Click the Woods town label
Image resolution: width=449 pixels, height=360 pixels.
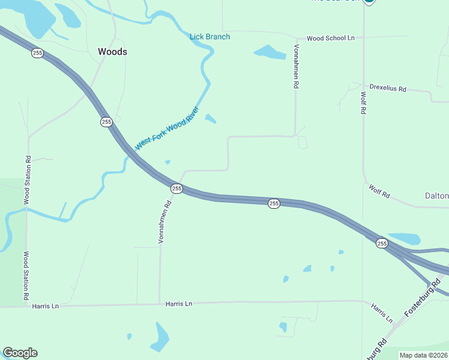tap(112, 52)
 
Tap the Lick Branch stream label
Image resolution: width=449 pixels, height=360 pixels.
tap(209, 37)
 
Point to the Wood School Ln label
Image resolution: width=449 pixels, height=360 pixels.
tap(331, 38)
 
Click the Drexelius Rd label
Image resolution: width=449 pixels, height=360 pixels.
tap(388, 89)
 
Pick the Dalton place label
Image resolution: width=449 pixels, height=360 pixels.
tap(436, 196)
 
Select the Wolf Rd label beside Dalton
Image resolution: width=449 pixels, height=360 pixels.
tap(379, 191)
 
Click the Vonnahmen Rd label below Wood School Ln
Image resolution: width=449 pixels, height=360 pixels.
tap(296, 66)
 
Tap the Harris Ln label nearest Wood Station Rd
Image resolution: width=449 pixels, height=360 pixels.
tap(46, 306)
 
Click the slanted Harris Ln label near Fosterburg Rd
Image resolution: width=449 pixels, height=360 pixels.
tap(381, 312)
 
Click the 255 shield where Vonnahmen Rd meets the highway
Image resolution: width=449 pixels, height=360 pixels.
tap(176, 188)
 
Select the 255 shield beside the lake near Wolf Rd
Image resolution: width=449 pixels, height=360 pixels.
tap(382, 243)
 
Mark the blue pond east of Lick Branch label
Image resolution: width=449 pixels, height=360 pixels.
tap(270, 52)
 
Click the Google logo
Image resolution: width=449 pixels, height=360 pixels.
tap(20, 353)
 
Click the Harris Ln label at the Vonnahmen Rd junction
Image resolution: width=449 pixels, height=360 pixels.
tap(179, 304)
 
